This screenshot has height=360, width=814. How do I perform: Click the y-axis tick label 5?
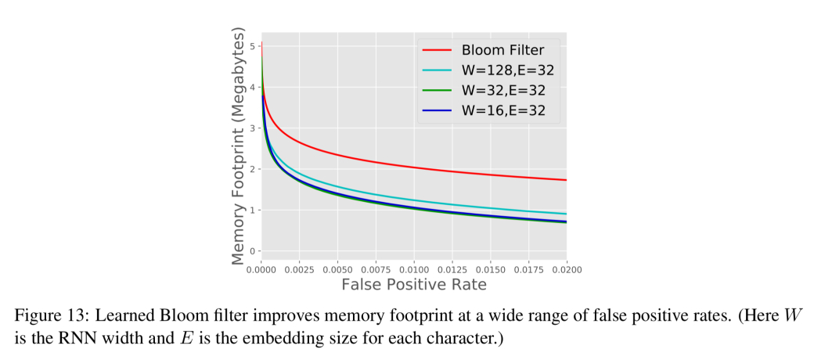click(253, 46)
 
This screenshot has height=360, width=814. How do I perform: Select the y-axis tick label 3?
click(253, 128)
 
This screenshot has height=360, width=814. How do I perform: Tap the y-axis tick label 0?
click(253, 251)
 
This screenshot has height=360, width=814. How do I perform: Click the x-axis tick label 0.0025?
click(298, 269)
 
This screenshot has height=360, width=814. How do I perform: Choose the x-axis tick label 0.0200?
click(566, 269)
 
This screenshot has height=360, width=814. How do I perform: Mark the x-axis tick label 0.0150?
click(489, 269)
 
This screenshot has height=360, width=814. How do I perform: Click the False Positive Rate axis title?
click(413, 285)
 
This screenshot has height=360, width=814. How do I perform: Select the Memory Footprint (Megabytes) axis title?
click(239, 146)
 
